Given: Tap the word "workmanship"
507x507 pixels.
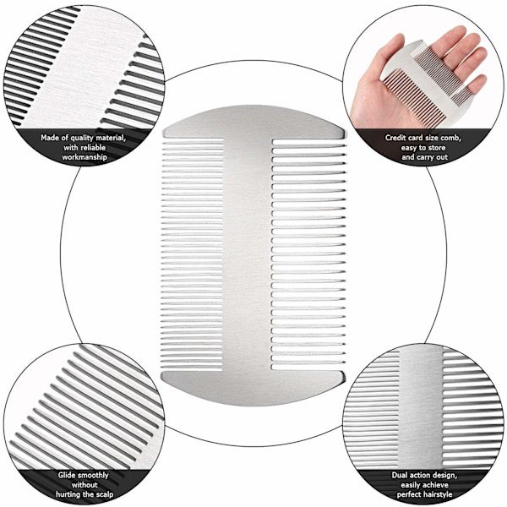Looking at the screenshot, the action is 84,157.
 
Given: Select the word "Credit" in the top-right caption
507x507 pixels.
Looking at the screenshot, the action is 395,138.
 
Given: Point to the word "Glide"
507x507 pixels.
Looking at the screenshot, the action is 67,475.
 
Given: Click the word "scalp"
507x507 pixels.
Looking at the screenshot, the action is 104,494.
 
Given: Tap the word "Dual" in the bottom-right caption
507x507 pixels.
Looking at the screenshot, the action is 400,475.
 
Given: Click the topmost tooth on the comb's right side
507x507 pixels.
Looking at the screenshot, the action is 308,142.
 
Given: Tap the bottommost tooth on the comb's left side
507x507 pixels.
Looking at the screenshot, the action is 192,368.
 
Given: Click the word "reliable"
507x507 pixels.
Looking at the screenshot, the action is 94,148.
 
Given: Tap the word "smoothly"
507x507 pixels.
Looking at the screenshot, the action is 93,475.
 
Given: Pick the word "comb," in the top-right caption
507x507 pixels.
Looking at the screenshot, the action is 451,138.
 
